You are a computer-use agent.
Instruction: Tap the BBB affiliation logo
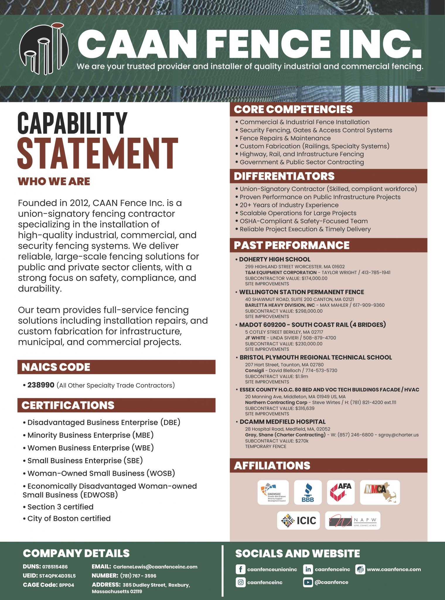click(x=308, y=492)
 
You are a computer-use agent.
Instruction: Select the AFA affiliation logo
click(x=341, y=492)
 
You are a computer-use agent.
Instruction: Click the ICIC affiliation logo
click(x=299, y=521)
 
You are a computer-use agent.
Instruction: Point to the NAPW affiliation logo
click(x=352, y=521)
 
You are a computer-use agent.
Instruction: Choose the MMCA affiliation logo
click(x=380, y=492)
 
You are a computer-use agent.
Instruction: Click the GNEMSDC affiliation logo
click(x=273, y=492)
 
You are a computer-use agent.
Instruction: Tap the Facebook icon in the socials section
click(x=241, y=569)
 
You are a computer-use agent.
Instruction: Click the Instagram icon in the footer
click(x=241, y=582)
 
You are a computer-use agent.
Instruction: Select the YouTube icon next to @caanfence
click(x=308, y=582)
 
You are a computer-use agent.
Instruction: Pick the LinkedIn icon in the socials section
click(x=308, y=569)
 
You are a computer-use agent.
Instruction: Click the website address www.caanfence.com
click(x=394, y=569)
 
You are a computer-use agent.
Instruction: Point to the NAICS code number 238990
click(x=41, y=385)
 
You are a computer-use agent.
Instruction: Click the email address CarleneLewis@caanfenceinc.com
click(x=155, y=567)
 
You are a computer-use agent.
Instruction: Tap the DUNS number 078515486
click(x=55, y=567)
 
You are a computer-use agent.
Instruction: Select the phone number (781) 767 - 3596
click(x=138, y=576)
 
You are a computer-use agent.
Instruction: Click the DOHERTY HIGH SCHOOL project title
click(x=274, y=259)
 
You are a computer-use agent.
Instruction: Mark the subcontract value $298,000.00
click(x=309, y=311)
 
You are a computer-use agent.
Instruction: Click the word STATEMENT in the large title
click(x=98, y=153)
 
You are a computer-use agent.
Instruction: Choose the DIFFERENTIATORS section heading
click(x=284, y=176)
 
